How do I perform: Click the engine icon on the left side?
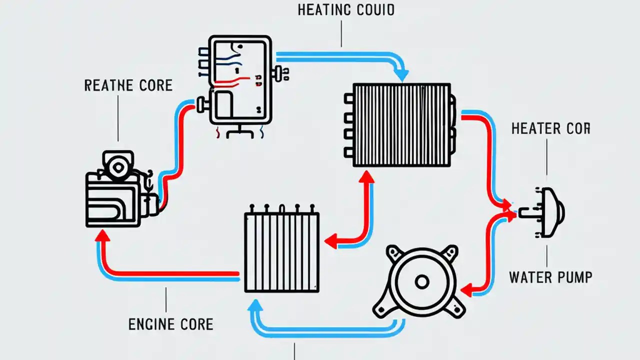(120, 190)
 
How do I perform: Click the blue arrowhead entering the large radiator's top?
(401, 75)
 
